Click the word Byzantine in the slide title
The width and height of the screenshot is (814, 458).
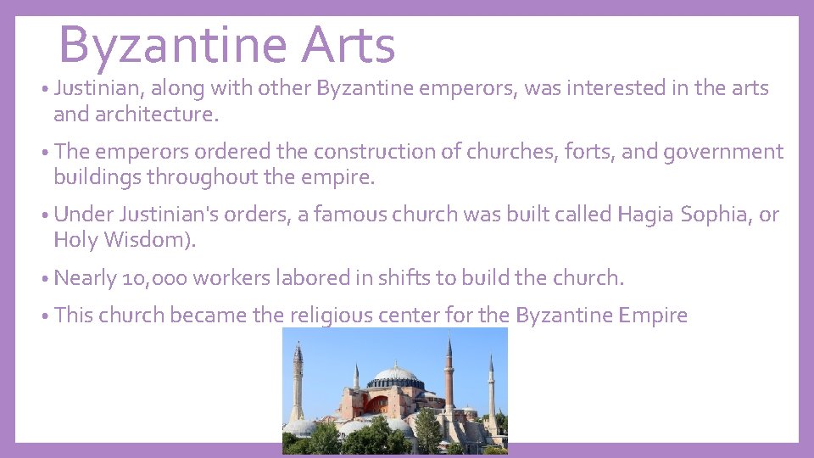coord(172,45)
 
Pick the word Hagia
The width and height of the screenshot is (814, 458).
coord(645,215)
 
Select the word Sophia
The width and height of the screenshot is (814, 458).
coord(713,215)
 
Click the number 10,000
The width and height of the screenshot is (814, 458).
coord(162,278)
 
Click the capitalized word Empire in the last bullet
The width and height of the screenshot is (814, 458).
coord(653,316)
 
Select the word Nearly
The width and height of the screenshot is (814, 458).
coord(85,278)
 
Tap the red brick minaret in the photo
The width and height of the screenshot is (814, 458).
coord(449,373)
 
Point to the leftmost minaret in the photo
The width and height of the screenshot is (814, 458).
coord(297,382)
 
